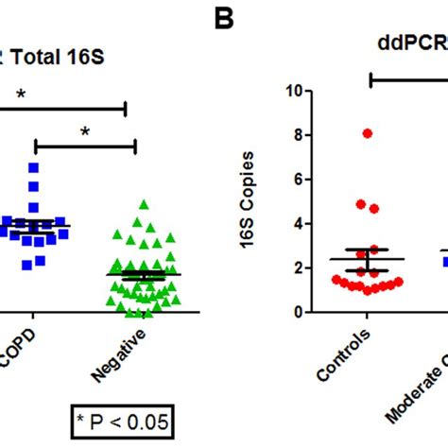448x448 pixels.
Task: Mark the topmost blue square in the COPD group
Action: point(34,167)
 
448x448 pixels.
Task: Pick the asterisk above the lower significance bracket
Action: point(84,131)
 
